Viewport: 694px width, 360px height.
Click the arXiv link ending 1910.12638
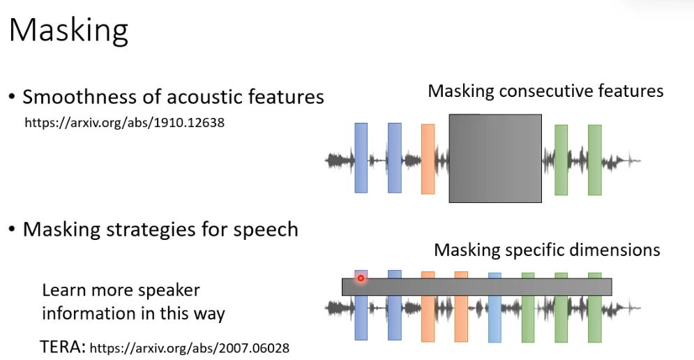point(125,123)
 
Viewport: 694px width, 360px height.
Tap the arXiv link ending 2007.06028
point(189,347)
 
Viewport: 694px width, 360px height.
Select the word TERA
point(63,347)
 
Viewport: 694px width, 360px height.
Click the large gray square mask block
point(495,158)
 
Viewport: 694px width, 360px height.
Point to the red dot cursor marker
point(361,278)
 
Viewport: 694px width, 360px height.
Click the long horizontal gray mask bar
point(476,287)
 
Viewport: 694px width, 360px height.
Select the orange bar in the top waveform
point(428,159)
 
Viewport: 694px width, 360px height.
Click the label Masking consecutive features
point(545,91)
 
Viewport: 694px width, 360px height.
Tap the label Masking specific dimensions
point(547,250)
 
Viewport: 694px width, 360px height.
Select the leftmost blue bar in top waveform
point(361,158)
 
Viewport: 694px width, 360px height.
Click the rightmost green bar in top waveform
point(594,160)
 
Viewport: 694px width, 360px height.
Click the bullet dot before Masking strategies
point(12,229)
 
